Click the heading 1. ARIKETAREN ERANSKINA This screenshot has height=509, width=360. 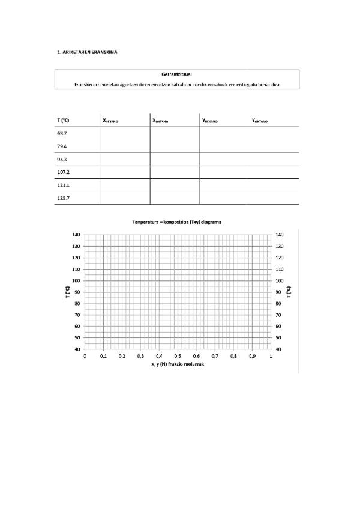(86, 52)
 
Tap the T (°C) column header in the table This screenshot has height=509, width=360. (63, 121)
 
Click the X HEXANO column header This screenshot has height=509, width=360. (111, 121)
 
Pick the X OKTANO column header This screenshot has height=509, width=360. (161, 121)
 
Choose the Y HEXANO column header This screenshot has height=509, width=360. (210, 121)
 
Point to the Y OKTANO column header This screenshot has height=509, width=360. (260, 121)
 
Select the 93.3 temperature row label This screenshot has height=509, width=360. (62, 159)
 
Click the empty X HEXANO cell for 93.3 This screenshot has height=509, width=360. (125, 159)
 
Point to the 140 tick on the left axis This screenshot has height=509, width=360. (76, 235)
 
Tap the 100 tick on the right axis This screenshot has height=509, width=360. (279, 280)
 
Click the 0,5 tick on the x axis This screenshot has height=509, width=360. (178, 357)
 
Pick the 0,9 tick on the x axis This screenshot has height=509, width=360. (252, 357)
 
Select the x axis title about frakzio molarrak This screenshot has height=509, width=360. (178, 364)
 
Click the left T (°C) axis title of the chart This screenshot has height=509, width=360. (68, 292)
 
